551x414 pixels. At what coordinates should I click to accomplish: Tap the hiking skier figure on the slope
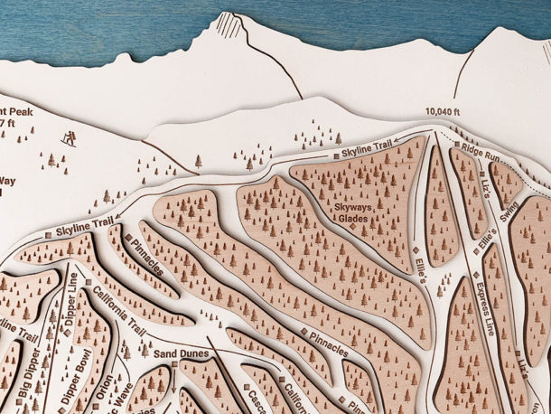pos(69,138)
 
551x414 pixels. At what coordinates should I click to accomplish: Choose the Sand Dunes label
pos(181,353)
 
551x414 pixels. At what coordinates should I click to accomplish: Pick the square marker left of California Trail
pos(88,284)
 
